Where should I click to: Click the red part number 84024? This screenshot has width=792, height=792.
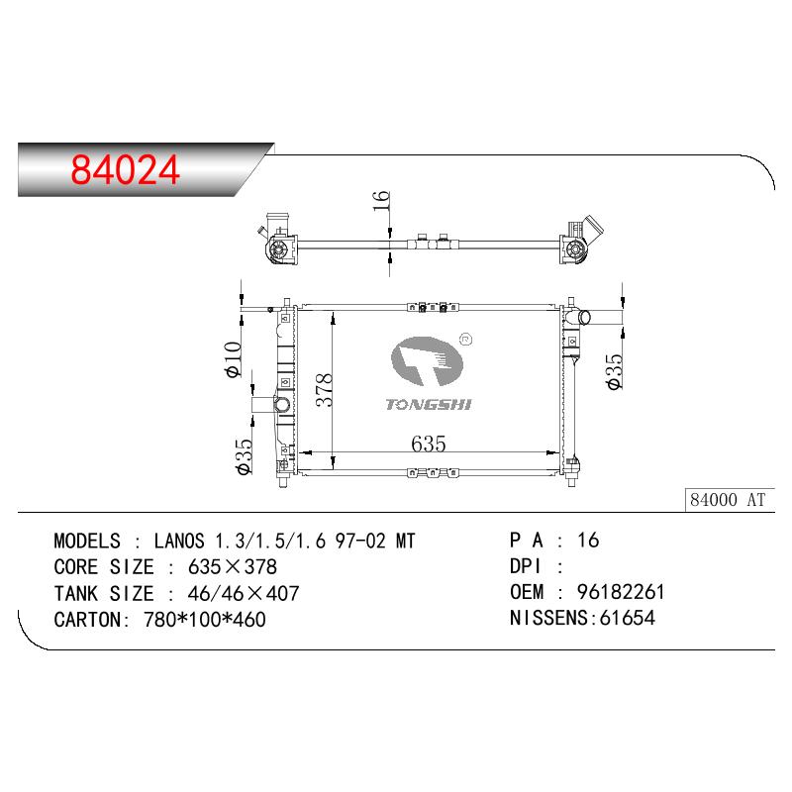point(125,169)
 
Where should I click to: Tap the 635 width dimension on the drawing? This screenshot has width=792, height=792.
point(429,444)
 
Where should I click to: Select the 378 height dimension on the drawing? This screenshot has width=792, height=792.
point(324,389)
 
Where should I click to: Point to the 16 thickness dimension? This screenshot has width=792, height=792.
point(381,201)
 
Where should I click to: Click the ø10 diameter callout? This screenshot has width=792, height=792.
point(233,359)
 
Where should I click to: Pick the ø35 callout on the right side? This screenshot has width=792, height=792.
point(614,371)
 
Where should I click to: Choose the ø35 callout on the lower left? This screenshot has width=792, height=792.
point(243,456)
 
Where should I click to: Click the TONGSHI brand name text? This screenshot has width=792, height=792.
point(429,404)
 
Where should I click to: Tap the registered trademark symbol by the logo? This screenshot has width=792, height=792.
point(466,340)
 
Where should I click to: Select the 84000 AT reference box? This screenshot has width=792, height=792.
point(730,500)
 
